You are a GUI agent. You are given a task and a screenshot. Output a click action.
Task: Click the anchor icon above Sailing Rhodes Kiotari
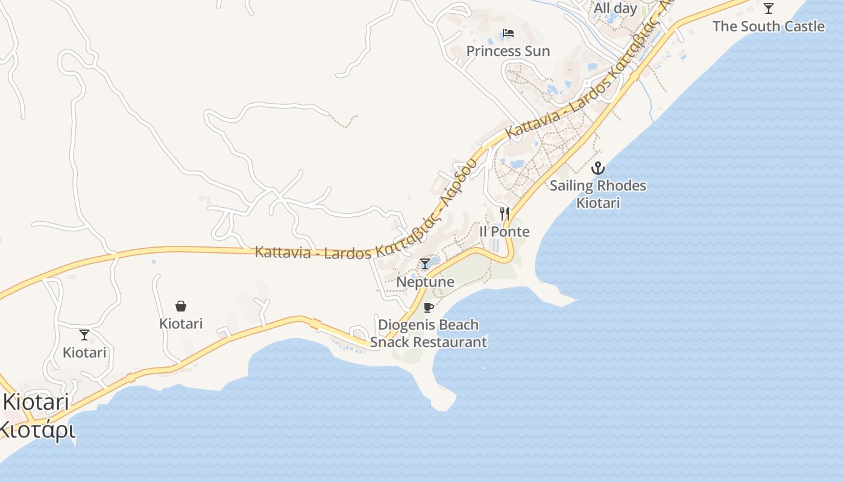pos(597,168)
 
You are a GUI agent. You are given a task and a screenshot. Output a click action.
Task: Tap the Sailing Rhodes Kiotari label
pos(597,194)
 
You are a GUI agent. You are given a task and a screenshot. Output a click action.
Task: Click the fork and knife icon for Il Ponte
pos(505,213)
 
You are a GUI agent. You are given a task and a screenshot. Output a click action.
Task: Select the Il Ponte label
pos(505,232)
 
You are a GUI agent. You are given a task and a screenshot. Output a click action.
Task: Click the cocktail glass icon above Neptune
pos(425,264)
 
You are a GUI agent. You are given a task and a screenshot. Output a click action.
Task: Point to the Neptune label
pos(425,282)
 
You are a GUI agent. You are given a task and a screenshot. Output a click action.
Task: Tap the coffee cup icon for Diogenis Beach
pos(428,308)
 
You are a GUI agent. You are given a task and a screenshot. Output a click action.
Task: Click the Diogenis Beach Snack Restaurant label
pos(428,333)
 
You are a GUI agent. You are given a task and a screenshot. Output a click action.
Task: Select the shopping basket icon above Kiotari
pos(181,306)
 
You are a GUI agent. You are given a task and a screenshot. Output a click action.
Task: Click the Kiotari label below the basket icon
pos(181,324)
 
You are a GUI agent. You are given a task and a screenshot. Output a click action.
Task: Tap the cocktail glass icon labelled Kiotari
pos(84,335)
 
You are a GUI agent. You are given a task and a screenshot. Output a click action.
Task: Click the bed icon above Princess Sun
pos(508,33)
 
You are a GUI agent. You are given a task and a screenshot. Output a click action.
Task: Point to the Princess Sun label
pos(508,51)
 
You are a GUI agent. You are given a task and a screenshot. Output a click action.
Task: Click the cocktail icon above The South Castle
pos(768,8)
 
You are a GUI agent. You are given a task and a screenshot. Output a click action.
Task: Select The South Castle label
pos(768,27)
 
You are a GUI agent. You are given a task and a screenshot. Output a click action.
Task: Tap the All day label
pos(615,8)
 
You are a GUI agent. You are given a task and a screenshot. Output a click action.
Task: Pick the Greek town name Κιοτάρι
pos(36,430)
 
